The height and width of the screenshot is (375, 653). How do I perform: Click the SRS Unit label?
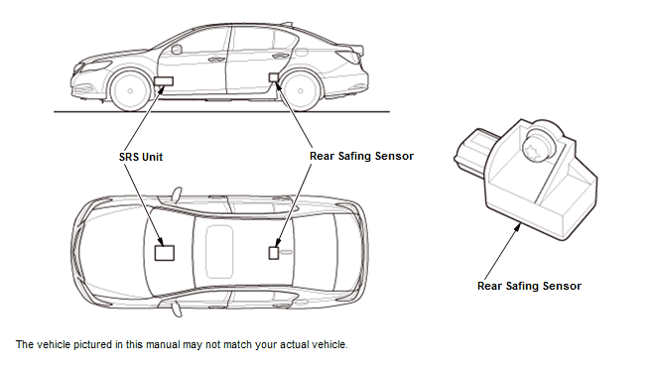click(x=141, y=157)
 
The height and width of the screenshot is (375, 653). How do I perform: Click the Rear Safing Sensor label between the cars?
click(x=361, y=156)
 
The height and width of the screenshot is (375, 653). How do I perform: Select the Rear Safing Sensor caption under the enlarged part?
click(x=529, y=286)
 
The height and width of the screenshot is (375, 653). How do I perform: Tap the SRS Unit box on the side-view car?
click(x=164, y=80)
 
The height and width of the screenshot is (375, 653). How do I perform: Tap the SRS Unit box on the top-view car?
click(x=165, y=253)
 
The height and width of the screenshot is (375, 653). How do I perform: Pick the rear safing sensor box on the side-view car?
click(x=274, y=77)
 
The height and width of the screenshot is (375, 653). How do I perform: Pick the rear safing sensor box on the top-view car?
click(x=274, y=253)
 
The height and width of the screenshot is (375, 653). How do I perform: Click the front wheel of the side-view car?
click(x=130, y=90)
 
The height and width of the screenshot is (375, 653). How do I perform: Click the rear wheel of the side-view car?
click(x=301, y=90)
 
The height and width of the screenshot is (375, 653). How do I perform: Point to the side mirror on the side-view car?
click(x=177, y=50)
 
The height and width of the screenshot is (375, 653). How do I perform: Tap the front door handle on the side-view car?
click(x=216, y=60)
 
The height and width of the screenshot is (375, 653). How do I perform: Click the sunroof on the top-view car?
click(x=219, y=252)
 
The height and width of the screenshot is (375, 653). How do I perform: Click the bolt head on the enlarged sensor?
click(x=538, y=146)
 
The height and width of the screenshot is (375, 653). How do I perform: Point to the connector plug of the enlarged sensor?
click(x=473, y=150)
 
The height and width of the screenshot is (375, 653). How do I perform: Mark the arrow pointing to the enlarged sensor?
click(x=502, y=251)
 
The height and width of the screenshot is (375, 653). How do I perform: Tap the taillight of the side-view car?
click(x=349, y=56)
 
